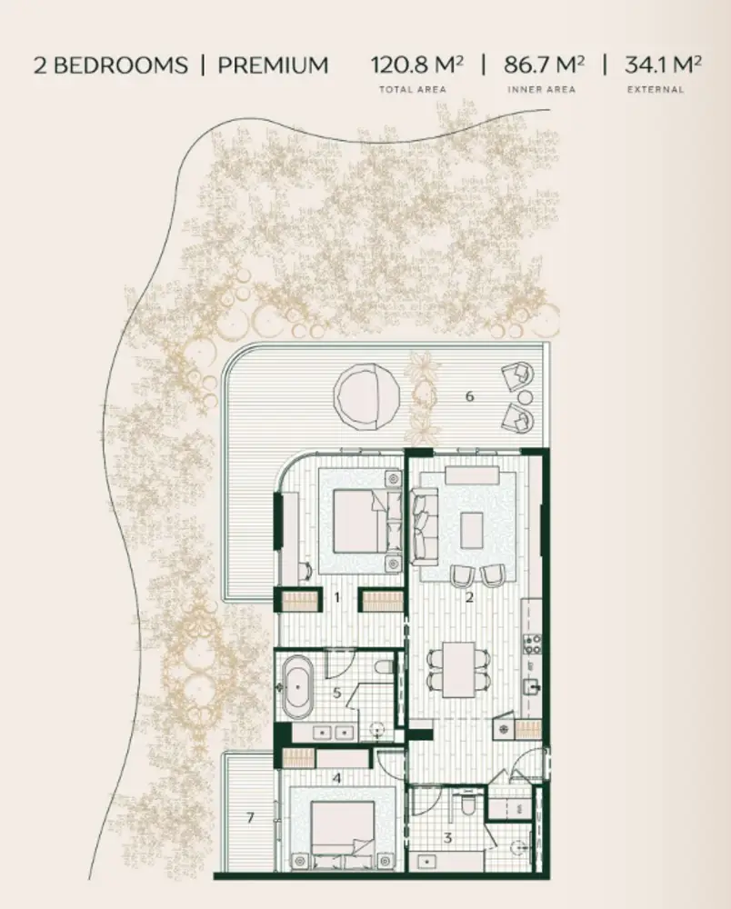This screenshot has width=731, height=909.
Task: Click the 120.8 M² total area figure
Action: coord(416,65)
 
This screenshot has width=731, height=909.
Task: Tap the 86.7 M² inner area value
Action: coord(544,65)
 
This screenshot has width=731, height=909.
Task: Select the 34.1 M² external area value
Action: coord(663,65)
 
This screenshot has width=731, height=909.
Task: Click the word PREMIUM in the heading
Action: coord(273,65)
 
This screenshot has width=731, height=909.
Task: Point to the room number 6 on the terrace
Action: coord(469,396)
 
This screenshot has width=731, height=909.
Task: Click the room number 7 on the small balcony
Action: coord(250,818)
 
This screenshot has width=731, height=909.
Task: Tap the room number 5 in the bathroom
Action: coord(336,692)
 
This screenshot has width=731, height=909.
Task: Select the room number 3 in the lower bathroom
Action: coord(447,838)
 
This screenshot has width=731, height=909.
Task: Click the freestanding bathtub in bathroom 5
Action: coord(298,686)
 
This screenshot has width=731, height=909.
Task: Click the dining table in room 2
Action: coord(459,670)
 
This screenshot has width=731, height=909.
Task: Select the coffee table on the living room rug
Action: coord(472,530)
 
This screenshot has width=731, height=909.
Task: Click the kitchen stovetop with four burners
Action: coord(532,644)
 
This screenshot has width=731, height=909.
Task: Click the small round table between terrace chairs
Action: coord(526,398)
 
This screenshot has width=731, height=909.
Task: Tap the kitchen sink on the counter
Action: coord(532,688)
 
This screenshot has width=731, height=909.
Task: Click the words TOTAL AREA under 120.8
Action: coord(413,89)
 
